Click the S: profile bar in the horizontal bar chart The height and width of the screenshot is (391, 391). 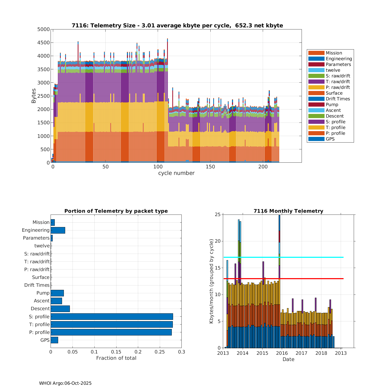pyautogui.click(x=112, y=316)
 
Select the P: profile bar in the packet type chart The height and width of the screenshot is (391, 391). pyautogui.click(x=111, y=332)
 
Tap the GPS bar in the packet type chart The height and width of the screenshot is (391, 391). pyautogui.click(x=54, y=340)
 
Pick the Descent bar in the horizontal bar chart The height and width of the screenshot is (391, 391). pyautogui.click(x=60, y=309)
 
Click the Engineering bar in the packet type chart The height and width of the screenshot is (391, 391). pyautogui.click(x=58, y=230)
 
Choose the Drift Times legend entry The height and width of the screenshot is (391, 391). pyautogui.click(x=338, y=99)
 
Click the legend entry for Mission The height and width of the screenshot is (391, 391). pyautogui.click(x=334, y=53)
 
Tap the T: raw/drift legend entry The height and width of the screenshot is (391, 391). pyautogui.click(x=338, y=82)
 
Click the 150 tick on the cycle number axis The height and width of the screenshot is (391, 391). pyautogui.click(x=210, y=167)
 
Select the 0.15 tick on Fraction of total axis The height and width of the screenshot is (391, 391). pyautogui.click(x=116, y=352)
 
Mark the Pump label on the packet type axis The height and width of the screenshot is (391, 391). pyautogui.click(x=43, y=293)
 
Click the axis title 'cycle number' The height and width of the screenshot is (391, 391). pyautogui.click(x=176, y=173)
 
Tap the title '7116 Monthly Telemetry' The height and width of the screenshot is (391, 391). pyautogui.click(x=288, y=211)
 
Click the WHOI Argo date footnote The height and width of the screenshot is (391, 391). pyautogui.click(x=65, y=383)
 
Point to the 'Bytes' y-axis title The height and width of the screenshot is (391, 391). pyautogui.click(x=34, y=96)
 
